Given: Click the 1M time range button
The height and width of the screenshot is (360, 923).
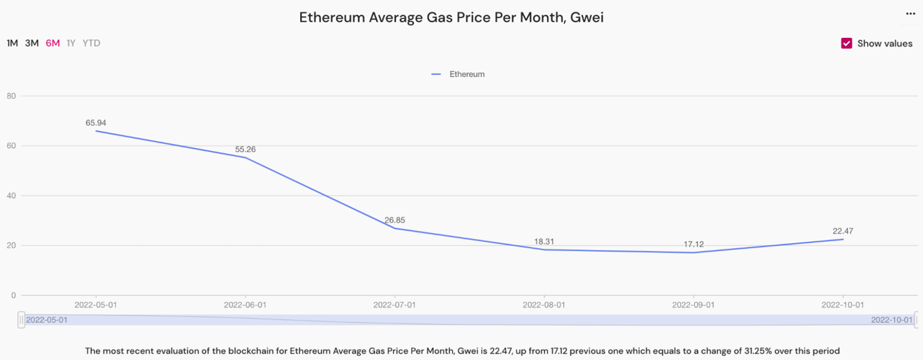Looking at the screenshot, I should tap(12, 43).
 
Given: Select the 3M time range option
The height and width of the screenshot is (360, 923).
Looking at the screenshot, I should tap(32, 43).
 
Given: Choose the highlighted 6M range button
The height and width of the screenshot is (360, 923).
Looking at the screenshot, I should tap(53, 43).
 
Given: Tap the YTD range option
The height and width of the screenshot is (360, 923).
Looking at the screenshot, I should tap(91, 43).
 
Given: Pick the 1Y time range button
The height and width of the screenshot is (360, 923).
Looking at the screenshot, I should tap(71, 43).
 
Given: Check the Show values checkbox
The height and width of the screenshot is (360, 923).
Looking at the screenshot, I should tap(847, 43).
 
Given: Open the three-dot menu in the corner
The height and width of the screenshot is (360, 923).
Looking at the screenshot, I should tap(910, 14).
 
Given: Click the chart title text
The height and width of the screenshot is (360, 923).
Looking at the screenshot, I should tap(451, 18).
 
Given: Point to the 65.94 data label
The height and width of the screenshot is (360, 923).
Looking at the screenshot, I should tap(96, 123).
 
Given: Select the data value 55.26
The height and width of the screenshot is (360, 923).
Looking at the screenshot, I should tap(245, 149).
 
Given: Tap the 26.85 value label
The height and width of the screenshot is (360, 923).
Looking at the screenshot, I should tap(395, 220).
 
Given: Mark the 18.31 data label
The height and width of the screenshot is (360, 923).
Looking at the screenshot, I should tap(544, 241).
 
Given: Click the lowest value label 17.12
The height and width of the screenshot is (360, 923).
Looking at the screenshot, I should tap(693, 245).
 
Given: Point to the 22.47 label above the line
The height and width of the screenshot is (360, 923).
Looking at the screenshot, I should tap(843, 231).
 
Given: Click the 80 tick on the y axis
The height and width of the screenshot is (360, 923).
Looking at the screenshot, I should tap(11, 96).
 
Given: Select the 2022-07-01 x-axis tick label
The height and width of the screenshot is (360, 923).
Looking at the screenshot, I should tap(395, 305).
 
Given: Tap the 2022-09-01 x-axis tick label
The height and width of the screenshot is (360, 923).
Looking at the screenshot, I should tap(693, 305).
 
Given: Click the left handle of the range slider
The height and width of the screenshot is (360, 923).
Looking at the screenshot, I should tap(22, 319).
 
